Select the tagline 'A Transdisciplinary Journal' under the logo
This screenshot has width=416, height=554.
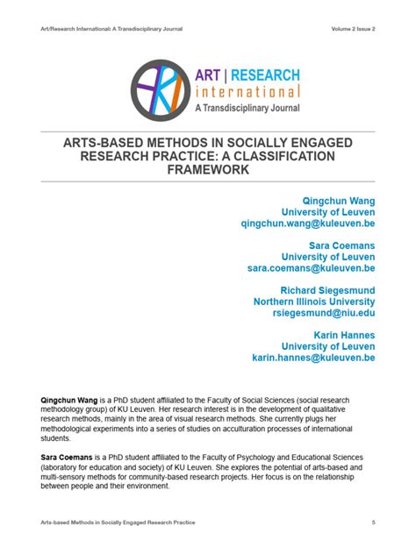[x=247, y=108]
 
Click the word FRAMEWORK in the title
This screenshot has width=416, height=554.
[x=208, y=169]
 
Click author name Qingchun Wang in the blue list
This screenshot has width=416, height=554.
[x=338, y=200]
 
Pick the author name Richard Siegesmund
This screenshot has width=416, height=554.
[x=327, y=290]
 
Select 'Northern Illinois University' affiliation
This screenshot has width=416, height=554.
[x=314, y=302]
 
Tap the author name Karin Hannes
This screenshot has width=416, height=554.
[x=344, y=335]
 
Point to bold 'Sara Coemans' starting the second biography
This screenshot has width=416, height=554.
[x=68, y=458]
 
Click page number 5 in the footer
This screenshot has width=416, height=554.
[x=373, y=522]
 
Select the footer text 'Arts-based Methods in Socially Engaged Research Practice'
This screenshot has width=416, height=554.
[x=118, y=522]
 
